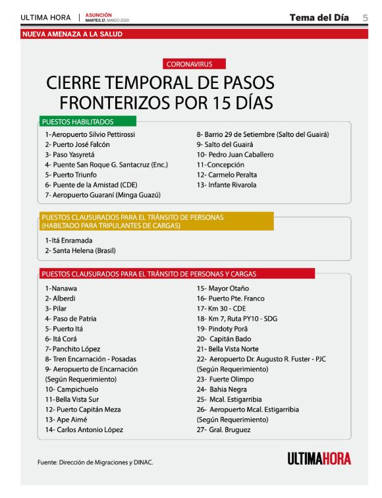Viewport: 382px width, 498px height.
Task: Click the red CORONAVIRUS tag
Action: click(189, 64)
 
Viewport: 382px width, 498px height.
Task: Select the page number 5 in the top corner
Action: click(366, 18)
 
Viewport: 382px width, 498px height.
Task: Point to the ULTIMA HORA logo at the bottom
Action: click(319, 458)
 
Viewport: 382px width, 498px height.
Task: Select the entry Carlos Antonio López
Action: click(84, 429)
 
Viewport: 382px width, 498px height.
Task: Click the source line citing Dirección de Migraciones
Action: click(95, 462)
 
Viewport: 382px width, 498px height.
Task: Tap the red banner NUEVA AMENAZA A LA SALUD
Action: click(72, 34)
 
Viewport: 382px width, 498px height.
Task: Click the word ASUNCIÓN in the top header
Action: click(98, 14)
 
